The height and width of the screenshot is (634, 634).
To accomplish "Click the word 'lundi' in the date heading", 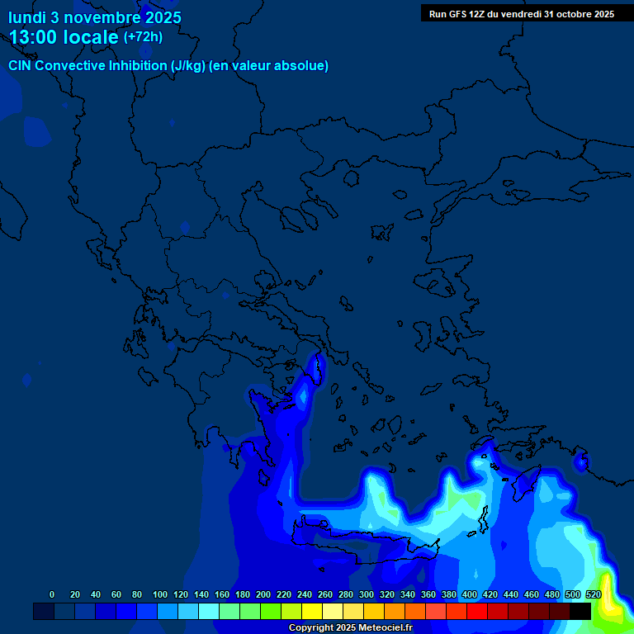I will pos(27,17).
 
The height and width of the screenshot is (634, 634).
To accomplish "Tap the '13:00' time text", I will pos(34,37).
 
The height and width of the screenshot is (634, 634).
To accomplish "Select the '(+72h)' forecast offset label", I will pos(143,37).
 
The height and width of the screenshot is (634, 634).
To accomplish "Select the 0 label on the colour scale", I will pos(52,594).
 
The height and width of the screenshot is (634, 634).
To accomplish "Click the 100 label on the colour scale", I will pos(160,594).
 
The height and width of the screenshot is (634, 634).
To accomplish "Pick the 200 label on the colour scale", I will pos(263,594).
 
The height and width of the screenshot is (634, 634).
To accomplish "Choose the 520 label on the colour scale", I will pos(594,594).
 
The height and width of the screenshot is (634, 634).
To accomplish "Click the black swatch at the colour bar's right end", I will pos(580,611).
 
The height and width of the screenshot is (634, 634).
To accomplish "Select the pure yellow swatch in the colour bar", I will pos(312,611).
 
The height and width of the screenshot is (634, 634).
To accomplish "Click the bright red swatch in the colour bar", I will pos(477,611).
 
